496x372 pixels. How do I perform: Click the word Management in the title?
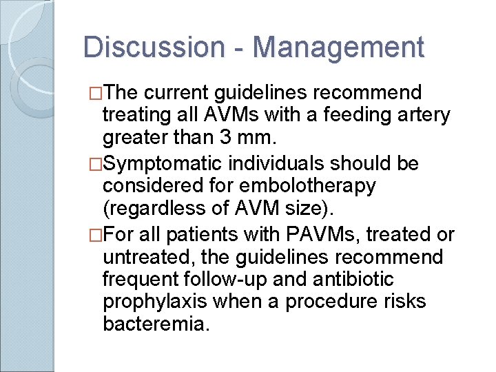pyautogui.click(x=338, y=48)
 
